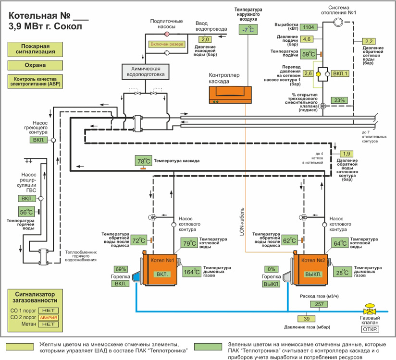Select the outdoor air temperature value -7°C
click(x=248, y=30)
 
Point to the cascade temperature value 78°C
click(x=144, y=161)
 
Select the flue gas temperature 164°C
click(x=192, y=272)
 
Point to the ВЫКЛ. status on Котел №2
click(x=315, y=275)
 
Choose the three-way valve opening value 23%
click(x=340, y=100)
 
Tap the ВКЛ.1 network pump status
click(x=340, y=73)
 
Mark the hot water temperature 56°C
click(x=26, y=212)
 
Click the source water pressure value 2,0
click(x=205, y=39)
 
